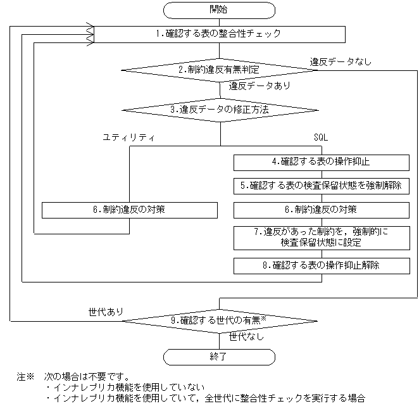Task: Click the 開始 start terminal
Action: point(219,10)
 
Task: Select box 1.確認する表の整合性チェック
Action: point(219,34)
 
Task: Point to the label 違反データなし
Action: point(341,61)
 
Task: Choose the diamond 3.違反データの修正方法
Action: point(219,110)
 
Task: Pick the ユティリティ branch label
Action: point(129,137)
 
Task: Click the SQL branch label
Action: point(322,137)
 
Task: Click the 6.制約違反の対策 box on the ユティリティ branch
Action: point(130,210)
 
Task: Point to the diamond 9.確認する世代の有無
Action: point(219,320)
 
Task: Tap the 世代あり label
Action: point(106,312)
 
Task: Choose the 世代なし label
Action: point(247,336)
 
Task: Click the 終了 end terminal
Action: point(219,357)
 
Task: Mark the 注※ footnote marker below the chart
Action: point(24,376)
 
